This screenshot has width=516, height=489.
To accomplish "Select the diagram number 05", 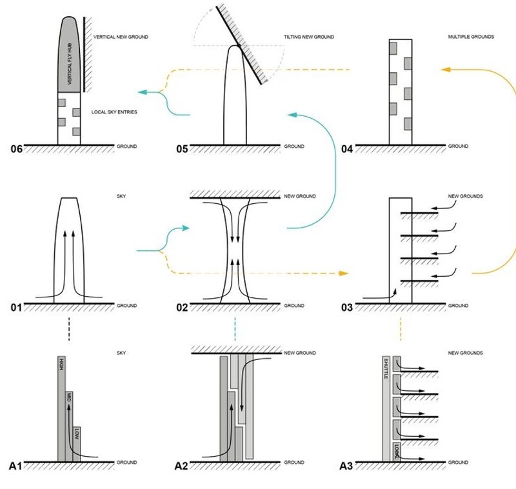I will pyautogui.click(x=183, y=150).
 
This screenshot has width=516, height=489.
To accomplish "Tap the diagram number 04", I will pyautogui.click(x=347, y=150).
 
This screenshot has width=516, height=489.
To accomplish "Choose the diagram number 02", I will pyautogui.click(x=182, y=308).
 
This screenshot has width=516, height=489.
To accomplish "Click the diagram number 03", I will pyautogui.click(x=347, y=308).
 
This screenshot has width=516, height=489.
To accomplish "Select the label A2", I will pyautogui.click(x=182, y=465).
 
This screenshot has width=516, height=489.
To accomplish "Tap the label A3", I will pyautogui.click(x=347, y=465).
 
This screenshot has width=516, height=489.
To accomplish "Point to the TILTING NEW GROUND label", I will pyautogui.click(x=308, y=37).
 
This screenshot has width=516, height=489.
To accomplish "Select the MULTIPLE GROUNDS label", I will pyautogui.click(x=471, y=37).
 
